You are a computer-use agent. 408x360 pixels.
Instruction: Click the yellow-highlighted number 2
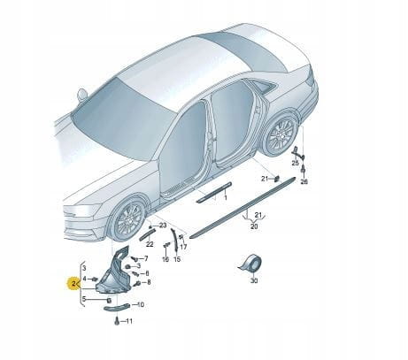(x=73, y=284)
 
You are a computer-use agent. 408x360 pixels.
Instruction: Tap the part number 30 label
(x=254, y=281)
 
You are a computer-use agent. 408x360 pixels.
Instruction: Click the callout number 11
(x=129, y=321)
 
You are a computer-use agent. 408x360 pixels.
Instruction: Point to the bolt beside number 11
(x=117, y=322)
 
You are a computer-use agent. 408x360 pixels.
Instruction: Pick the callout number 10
(x=141, y=304)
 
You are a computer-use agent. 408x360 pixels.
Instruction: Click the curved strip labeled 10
(x=117, y=308)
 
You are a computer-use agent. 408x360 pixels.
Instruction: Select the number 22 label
(x=150, y=244)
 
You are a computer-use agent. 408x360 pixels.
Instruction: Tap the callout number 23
(x=163, y=226)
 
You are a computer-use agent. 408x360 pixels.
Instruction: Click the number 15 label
(x=177, y=259)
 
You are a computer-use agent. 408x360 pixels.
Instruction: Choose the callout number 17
(x=183, y=247)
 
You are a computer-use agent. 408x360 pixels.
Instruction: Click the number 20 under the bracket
(x=254, y=226)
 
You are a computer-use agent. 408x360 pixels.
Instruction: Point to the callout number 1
(x=226, y=198)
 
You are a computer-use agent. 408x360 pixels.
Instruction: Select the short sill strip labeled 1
(x=214, y=192)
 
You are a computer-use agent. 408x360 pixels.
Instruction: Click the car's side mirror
(x=81, y=95)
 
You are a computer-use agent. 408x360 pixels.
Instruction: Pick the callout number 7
(x=146, y=259)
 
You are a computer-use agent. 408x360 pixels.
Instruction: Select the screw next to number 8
(x=137, y=284)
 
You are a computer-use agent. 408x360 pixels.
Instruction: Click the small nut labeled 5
(x=108, y=300)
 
